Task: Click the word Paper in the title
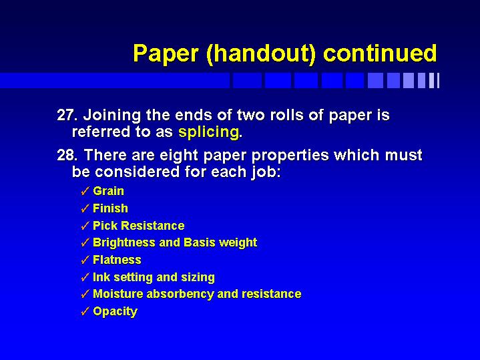pyautogui.click(x=166, y=53)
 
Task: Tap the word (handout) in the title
pyautogui.click(x=261, y=54)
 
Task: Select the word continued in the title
pyautogui.click(x=380, y=53)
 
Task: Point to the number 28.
pyautogui.click(x=67, y=155)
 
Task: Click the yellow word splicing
pyautogui.click(x=208, y=132)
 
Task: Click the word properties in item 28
pyautogui.click(x=290, y=156)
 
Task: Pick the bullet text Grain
pyautogui.click(x=108, y=191)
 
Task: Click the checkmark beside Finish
pyautogui.click(x=85, y=208)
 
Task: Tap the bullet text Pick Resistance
pyautogui.click(x=139, y=226)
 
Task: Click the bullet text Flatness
pyautogui.click(x=117, y=260)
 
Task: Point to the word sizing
pyautogui.click(x=198, y=278)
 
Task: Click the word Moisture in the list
pyautogui.click(x=118, y=294)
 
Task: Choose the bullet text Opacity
pyautogui.click(x=115, y=312)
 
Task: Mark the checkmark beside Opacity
pyautogui.click(x=85, y=311)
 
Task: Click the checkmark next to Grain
pyautogui.click(x=85, y=191)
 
